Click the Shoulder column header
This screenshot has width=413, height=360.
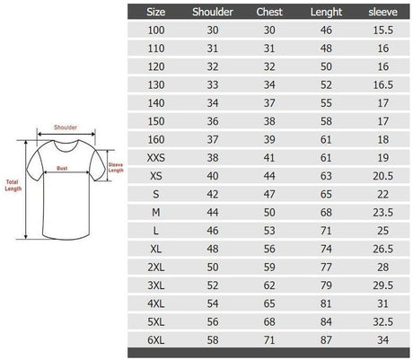pyautogui.click(x=213, y=12)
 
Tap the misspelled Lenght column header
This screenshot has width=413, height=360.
pyautogui.click(x=326, y=13)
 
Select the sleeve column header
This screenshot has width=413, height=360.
pyautogui.click(x=382, y=12)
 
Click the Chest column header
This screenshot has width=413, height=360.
pyautogui.click(x=269, y=12)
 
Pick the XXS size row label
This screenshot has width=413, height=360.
pyautogui.click(x=156, y=158)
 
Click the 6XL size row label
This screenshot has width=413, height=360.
pyautogui.click(x=156, y=340)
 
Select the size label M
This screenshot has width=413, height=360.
pyautogui.click(x=156, y=213)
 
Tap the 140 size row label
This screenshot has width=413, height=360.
pyautogui.click(x=156, y=103)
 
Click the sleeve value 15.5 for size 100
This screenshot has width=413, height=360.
pyautogui.click(x=382, y=30)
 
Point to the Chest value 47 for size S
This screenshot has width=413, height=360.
pyautogui.click(x=269, y=194)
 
